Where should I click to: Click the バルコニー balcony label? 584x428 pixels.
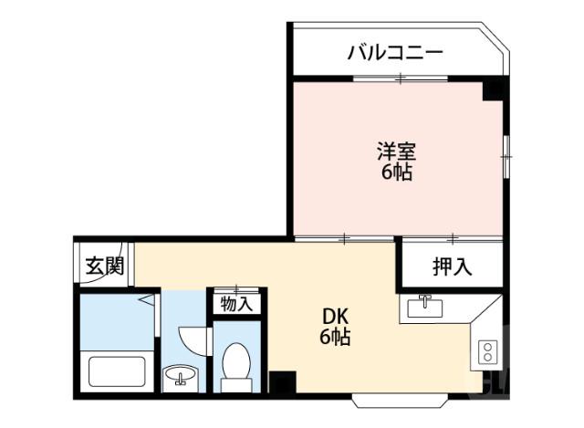pos(394,53)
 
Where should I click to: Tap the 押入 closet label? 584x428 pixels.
pos(451,267)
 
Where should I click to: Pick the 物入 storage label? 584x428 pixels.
pos(237,304)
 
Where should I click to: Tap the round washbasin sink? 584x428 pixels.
pos(181,375)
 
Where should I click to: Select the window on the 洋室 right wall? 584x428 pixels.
pos(505,157)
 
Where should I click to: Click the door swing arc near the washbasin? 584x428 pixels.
pos(193,339)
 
